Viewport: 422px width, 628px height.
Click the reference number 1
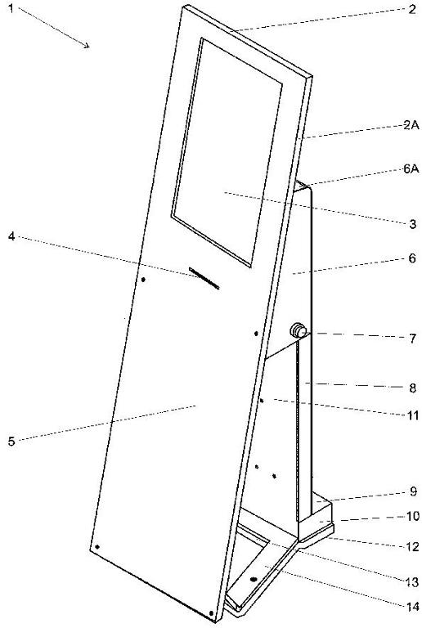[x=11, y=8]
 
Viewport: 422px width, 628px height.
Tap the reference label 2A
[x=411, y=125]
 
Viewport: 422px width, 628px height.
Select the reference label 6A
[x=411, y=169]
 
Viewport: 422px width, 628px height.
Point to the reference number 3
[x=412, y=224]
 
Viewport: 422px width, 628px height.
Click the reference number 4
[x=11, y=236]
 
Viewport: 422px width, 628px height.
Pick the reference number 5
[x=11, y=442]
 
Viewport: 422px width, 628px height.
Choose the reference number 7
[x=412, y=339]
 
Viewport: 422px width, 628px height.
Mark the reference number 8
[x=412, y=388]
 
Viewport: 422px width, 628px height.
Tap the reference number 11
[x=412, y=415]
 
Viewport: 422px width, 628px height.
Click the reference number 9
[x=413, y=491]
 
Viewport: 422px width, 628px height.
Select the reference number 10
[x=413, y=516]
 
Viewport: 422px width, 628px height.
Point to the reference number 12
[x=413, y=547]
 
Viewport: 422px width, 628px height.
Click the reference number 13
[x=413, y=582]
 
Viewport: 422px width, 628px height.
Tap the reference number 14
[x=413, y=607]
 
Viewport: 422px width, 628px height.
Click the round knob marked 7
[x=299, y=331]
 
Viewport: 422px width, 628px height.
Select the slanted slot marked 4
[x=204, y=278]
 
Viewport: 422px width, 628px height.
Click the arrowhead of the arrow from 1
[x=87, y=45]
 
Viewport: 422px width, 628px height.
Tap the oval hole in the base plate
[x=254, y=579]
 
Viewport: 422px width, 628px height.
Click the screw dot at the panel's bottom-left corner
[x=97, y=547]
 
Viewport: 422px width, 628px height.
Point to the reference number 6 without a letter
[x=412, y=258]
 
